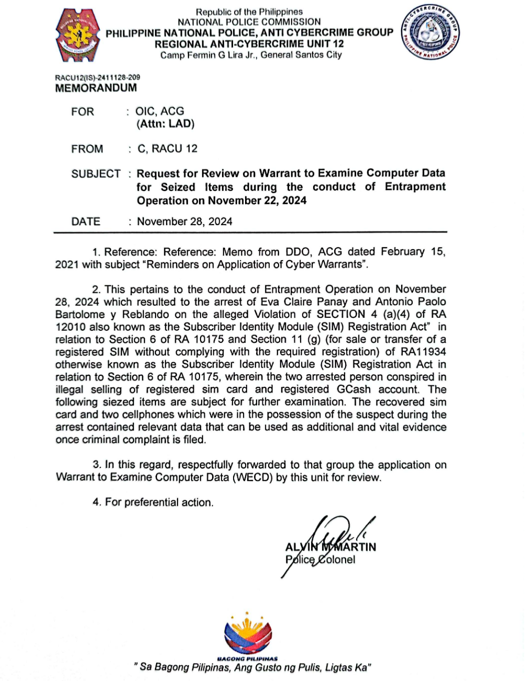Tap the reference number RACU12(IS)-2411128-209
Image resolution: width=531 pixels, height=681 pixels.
pyautogui.click(x=97, y=77)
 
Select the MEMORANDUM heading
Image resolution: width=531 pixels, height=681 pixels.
pyautogui.click(x=96, y=88)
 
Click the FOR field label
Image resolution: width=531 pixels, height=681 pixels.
pyautogui.click(x=83, y=111)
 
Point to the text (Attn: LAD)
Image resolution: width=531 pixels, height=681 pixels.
pyautogui.click(x=165, y=124)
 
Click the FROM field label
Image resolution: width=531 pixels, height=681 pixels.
pyautogui.click(x=87, y=149)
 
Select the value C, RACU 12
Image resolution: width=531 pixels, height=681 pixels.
pyautogui.click(x=168, y=149)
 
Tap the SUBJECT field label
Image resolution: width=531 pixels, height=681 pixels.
pyautogui.click(x=96, y=174)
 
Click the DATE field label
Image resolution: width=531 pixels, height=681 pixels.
pyautogui.click(x=86, y=221)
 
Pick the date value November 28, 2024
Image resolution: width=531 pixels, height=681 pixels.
pyautogui.click(x=184, y=221)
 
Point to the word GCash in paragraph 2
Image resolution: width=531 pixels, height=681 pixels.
pyautogui.click(x=353, y=389)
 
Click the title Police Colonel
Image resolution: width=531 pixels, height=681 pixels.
pyautogui.click(x=320, y=560)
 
